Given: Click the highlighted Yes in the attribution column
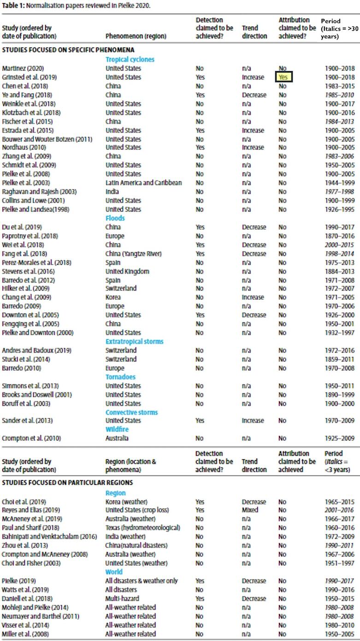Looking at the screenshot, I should click(283, 77).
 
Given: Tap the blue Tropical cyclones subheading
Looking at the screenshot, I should click(130, 59).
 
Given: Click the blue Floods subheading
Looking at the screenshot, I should click(115, 219).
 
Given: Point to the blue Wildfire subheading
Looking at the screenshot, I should click(117, 429).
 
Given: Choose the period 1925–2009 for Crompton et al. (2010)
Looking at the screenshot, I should click(339, 438).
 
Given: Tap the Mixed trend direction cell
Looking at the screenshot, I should click(250, 510).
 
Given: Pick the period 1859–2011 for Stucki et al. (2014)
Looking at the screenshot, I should click(339, 359).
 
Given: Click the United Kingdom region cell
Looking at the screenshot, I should click(127, 272).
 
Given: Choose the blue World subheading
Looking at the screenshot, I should click(114, 572).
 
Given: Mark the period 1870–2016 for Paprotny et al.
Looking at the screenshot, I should click(339, 236).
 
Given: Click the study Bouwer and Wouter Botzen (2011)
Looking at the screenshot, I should click(47, 139).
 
